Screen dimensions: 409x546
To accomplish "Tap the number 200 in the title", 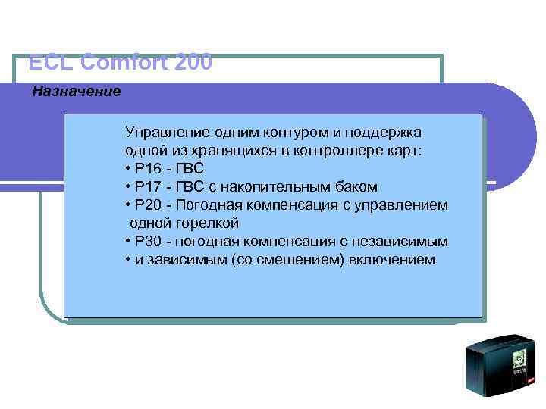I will click(x=193, y=62).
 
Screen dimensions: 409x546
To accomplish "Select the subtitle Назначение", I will click(x=76, y=92).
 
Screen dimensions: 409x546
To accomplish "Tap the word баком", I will click(x=357, y=187).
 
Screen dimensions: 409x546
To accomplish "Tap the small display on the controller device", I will click(x=519, y=358).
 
